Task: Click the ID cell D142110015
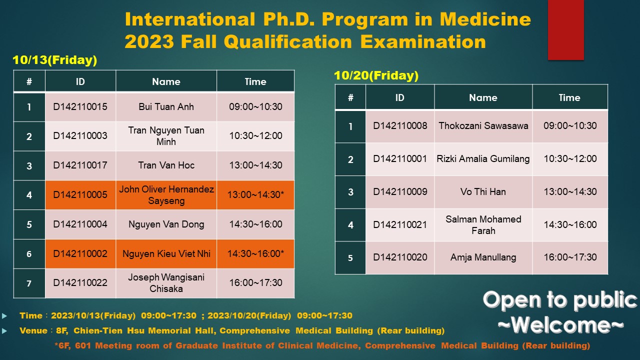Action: click(x=80, y=107)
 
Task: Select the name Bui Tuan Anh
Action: click(x=166, y=107)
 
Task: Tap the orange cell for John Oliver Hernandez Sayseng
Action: click(x=166, y=195)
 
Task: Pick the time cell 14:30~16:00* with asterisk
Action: click(x=255, y=253)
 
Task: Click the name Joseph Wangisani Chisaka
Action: click(x=166, y=283)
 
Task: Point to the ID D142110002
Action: click(x=80, y=253)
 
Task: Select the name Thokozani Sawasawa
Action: click(x=483, y=125)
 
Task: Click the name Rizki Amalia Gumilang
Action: click(x=483, y=159)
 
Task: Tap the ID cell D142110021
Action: click(x=400, y=225)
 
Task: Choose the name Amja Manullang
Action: click(x=483, y=257)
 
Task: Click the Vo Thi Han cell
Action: click(x=483, y=191)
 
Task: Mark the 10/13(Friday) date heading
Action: click(x=55, y=60)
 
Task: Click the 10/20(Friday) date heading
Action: click(x=376, y=75)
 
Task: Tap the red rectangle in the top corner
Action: click(x=565, y=30)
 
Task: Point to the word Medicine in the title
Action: click(x=485, y=19)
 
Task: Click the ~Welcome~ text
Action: click(x=560, y=325)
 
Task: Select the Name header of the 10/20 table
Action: click(x=483, y=97)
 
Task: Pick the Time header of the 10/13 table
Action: click(x=255, y=81)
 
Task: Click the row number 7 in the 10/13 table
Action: click(x=29, y=283)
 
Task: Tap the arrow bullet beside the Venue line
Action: click(x=4, y=331)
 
